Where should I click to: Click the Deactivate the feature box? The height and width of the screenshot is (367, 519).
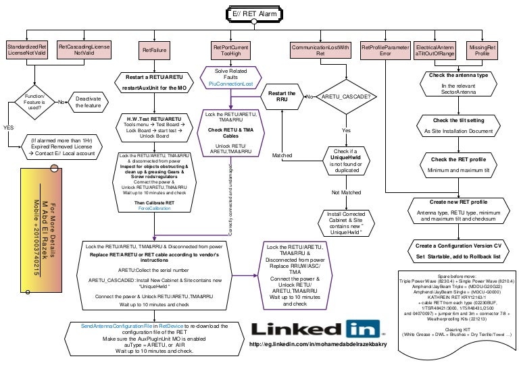pyautogui.click(x=87, y=103)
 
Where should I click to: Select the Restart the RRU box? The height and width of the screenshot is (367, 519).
pyautogui.click(x=282, y=96)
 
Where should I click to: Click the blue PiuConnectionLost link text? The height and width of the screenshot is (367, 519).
pyautogui.click(x=230, y=84)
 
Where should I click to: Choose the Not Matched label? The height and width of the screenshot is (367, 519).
pyautogui.click(x=346, y=192)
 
